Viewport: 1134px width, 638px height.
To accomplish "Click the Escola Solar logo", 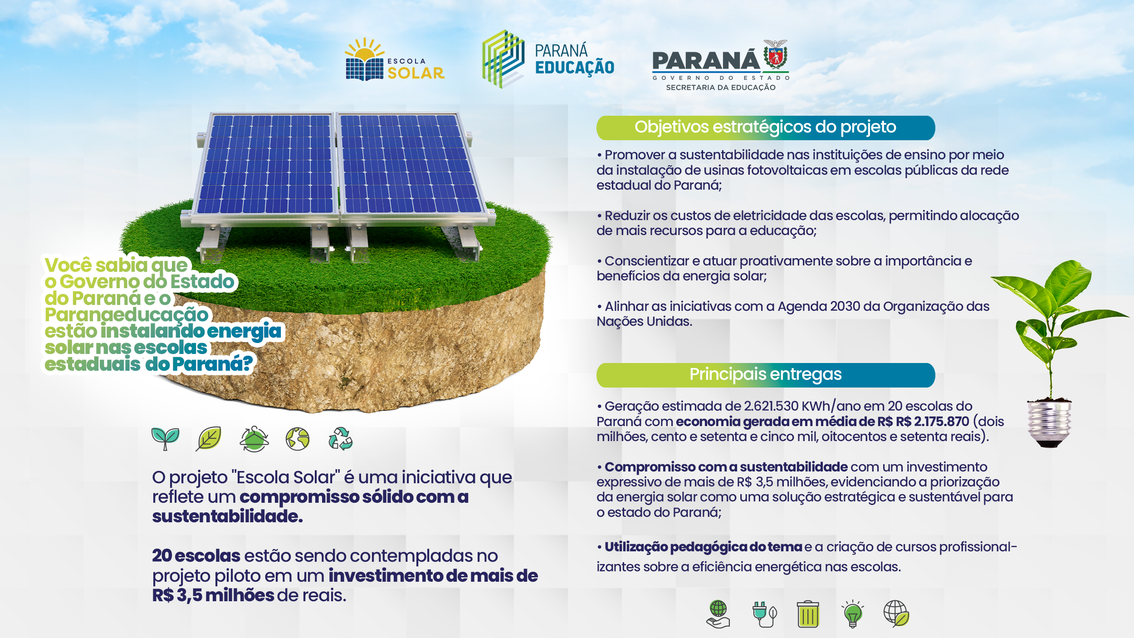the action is (395, 59).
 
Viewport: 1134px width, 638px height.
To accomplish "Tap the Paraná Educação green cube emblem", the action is (503, 59).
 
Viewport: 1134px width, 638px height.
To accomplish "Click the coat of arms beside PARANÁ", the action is (776, 55).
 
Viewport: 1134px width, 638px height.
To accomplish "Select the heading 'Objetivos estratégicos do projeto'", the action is (765, 127).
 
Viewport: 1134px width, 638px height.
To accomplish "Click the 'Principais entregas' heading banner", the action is (765, 375).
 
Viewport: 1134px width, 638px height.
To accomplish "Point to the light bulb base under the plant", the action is (1049, 423).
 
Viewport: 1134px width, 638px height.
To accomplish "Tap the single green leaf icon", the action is (209, 439).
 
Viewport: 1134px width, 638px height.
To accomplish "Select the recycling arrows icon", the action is (341, 439).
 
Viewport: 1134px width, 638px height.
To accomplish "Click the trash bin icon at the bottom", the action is (808, 614).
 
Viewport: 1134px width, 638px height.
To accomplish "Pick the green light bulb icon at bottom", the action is (852, 614).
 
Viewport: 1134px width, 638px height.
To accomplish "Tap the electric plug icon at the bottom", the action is (764, 614).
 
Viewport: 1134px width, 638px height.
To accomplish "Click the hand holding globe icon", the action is (719, 614).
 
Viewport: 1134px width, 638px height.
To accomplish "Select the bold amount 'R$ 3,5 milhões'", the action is (213, 595).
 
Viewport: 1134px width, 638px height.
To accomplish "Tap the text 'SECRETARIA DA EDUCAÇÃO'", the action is (721, 88).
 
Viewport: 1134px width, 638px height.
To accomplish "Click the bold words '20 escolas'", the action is (196, 556).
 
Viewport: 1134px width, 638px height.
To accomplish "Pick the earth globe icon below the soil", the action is (297, 439).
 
